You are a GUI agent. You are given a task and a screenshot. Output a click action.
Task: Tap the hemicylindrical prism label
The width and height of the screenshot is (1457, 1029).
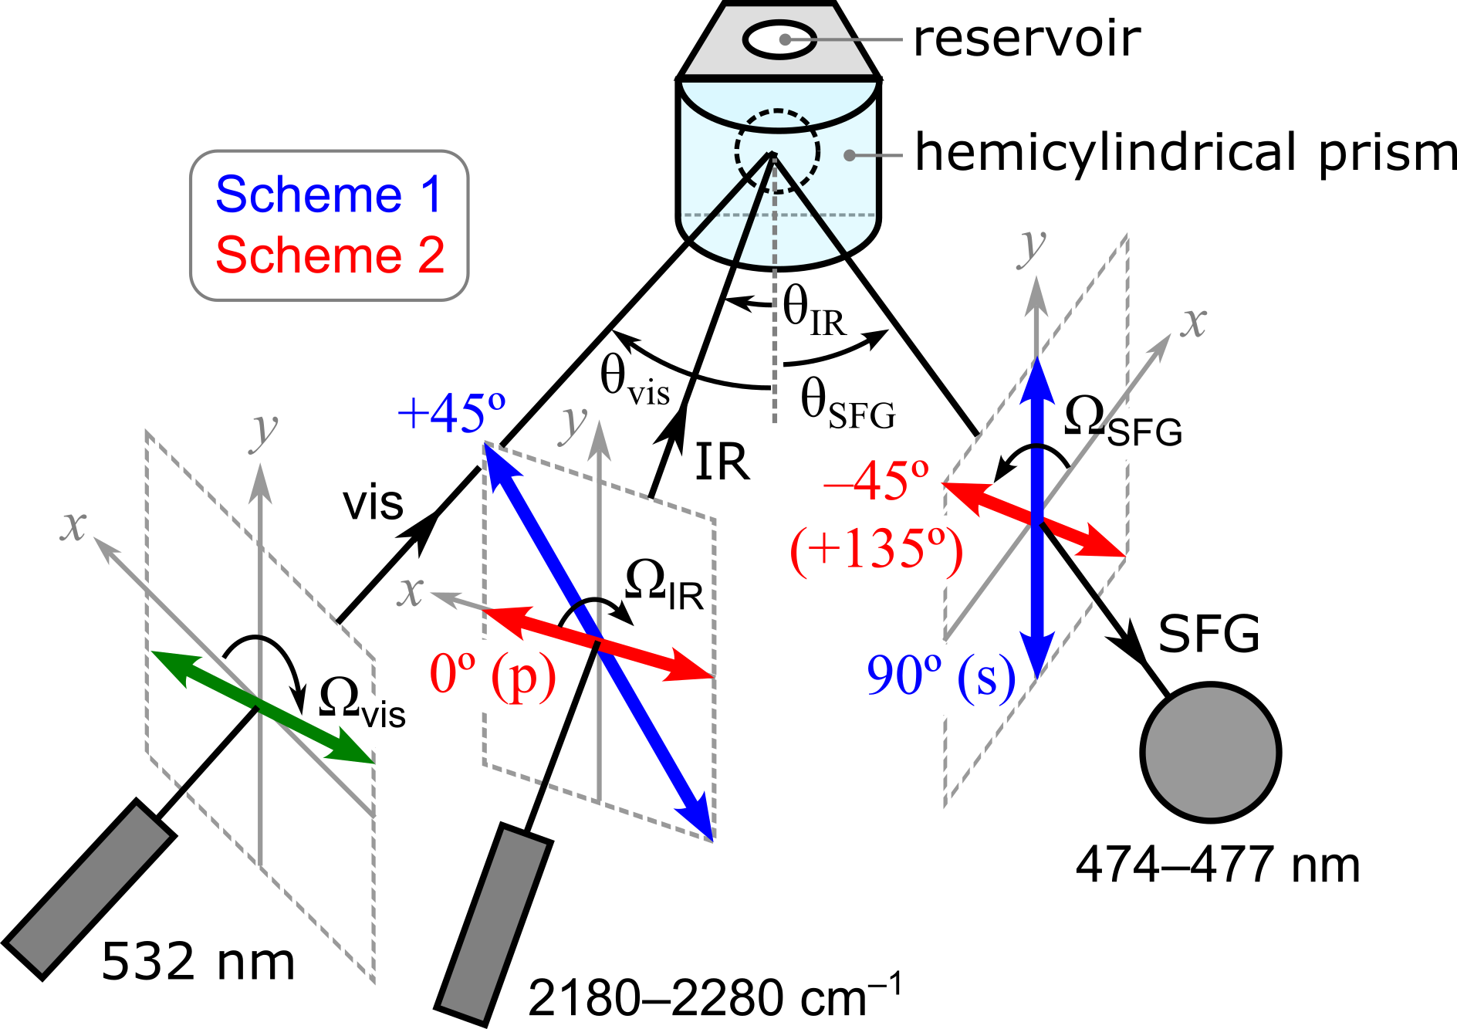coord(1185,152)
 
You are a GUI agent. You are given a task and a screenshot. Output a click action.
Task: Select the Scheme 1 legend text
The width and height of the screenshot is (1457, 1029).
coord(329,195)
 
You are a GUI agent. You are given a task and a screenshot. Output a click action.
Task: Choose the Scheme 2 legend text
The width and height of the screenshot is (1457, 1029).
coord(330,255)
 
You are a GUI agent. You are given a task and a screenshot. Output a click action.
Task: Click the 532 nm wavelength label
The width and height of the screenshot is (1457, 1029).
coord(198,962)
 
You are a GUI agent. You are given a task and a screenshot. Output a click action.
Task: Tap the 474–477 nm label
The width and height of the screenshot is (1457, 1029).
coord(1217,865)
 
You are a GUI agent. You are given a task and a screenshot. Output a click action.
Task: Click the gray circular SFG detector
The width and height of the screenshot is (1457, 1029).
coord(1210,751)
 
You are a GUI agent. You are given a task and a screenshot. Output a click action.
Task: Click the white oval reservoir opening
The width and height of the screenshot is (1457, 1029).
coord(779,39)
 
